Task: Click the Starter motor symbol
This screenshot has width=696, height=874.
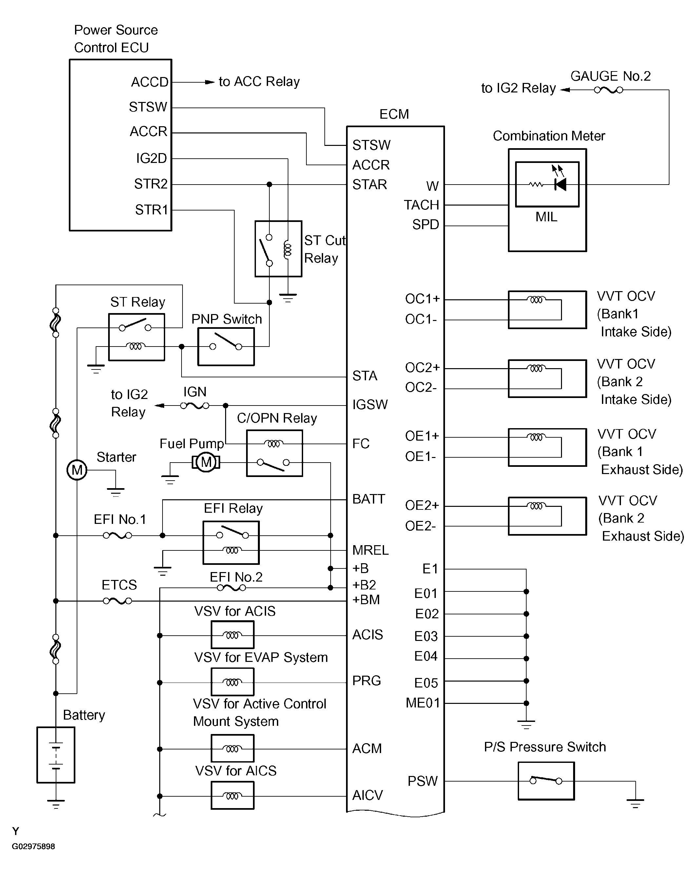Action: [x=77, y=470]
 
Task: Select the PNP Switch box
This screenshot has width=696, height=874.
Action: [x=226, y=347]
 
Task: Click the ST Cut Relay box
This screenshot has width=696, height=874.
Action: [x=278, y=249]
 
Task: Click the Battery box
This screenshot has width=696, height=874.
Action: [x=56, y=755]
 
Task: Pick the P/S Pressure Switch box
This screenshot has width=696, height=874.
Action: [x=546, y=781]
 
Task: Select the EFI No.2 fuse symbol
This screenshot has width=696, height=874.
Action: [x=231, y=588]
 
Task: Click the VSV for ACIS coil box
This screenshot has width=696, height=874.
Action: [x=233, y=635]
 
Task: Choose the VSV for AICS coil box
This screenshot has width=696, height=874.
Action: [x=233, y=795]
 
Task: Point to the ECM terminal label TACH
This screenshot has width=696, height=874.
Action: [x=421, y=205]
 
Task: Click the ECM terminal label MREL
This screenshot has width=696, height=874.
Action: [x=370, y=550]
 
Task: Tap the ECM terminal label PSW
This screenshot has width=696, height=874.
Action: [x=422, y=781]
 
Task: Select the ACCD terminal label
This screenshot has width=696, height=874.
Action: [x=149, y=82]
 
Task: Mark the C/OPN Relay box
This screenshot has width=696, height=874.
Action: [x=274, y=453]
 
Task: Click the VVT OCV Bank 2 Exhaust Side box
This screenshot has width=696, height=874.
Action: [x=547, y=516]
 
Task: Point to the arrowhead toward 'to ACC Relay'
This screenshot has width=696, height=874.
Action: [x=209, y=82]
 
